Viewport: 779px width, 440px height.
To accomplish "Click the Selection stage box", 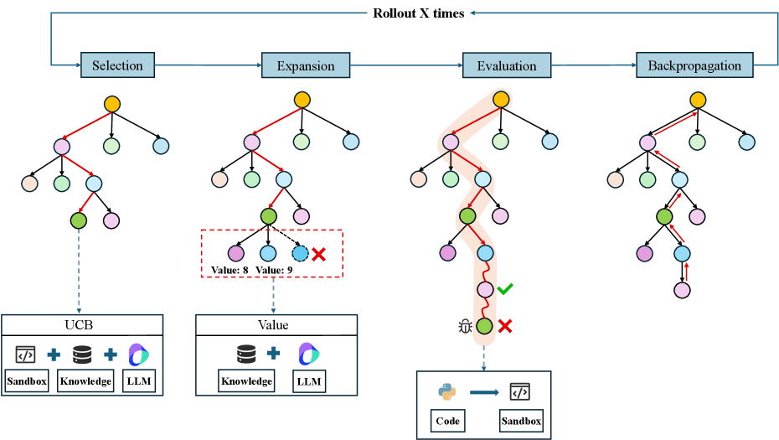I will pyautogui.click(x=117, y=65).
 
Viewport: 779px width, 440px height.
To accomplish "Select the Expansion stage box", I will pyautogui.click(x=306, y=65).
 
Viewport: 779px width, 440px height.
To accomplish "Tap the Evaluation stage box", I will pyautogui.click(x=506, y=65).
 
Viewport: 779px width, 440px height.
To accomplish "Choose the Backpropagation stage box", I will pyautogui.click(x=694, y=65).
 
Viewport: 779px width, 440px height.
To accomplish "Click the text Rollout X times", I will pyautogui.click(x=419, y=13).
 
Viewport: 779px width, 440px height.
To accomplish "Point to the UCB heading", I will pyautogui.click(x=82, y=324).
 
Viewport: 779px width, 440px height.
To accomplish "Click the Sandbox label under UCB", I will pyautogui.click(x=27, y=380).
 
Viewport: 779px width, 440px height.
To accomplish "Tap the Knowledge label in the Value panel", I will pyautogui.click(x=246, y=380).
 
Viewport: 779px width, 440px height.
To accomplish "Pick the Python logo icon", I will pyautogui.click(x=445, y=391).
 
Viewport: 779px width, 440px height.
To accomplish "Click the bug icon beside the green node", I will pyautogui.click(x=465, y=327).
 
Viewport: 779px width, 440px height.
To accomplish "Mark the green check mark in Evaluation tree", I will pyautogui.click(x=504, y=289).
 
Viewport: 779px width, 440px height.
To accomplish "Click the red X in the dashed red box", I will pyautogui.click(x=318, y=254).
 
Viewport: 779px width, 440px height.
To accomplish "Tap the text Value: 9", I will pyautogui.click(x=276, y=270).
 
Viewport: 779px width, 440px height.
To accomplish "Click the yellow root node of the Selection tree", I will pyautogui.click(x=112, y=104).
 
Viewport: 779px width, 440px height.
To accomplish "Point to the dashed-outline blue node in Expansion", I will pyautogui.click(x=301, y=253).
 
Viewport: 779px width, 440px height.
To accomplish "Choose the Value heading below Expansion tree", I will pyautogui.click(x=276, y=324).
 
